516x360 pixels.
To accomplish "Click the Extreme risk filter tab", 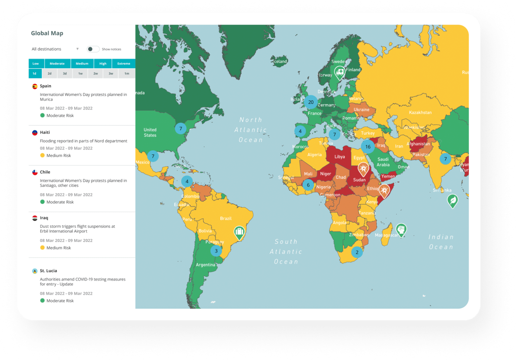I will click(124, 64).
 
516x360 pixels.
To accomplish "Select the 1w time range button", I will click(80, 74).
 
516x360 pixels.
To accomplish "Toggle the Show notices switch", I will click(93, 49).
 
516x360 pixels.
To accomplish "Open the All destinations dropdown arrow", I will click(78, 49).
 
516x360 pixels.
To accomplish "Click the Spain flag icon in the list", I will click(35, 86).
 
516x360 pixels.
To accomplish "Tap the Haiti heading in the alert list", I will click(45, 132).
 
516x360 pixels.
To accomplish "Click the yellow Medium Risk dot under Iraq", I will click(42, 248).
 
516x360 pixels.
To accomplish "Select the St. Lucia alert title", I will click(48, 271).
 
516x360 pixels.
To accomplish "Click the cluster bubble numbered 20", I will click(311, 102).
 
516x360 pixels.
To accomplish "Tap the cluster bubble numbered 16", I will click(368, 147).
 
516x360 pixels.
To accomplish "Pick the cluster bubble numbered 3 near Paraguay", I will click(216, 251).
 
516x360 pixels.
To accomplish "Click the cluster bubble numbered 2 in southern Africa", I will click(357, 252).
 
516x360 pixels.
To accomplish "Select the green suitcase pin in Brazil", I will click(239, 232).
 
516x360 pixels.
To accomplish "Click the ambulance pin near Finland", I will click(340, 72).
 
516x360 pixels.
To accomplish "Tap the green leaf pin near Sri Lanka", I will click(453, 201).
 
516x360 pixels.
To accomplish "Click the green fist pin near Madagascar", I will click(401, 230).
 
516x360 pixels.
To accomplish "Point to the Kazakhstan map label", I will click(420, 113).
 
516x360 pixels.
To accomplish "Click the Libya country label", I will click(339, 157).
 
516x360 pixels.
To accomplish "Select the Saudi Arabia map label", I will click(383, 162).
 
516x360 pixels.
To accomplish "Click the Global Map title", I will click(47, 33).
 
